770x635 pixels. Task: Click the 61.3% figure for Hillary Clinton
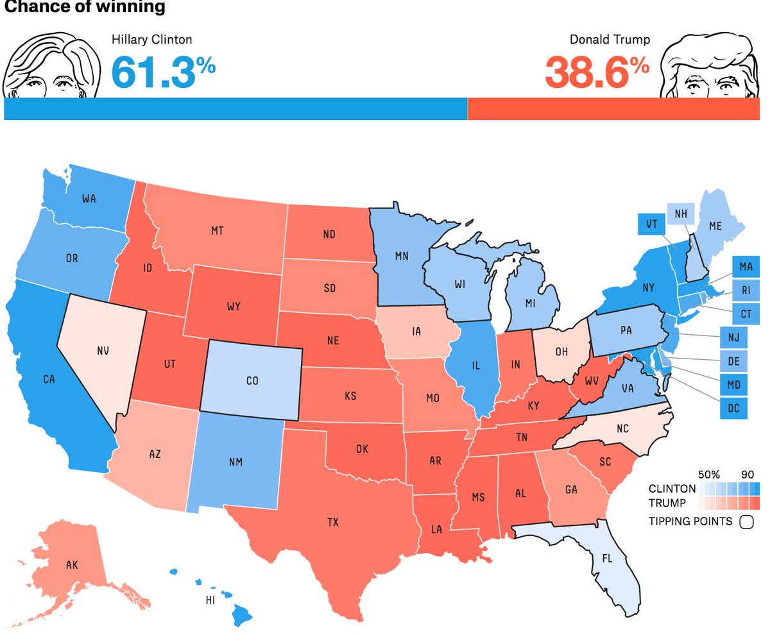click(163, 71)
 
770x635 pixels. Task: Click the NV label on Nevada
click(103, 350)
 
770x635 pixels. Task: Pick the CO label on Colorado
click(252, 380)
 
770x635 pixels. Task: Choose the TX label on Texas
click(332, 522)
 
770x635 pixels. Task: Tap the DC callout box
click(734, 407)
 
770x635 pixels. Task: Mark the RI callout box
click(746, 289)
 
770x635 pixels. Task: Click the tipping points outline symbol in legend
click(746, 521)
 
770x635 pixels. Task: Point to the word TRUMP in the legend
click(667, 503)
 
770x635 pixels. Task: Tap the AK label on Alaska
click(72, 565)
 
